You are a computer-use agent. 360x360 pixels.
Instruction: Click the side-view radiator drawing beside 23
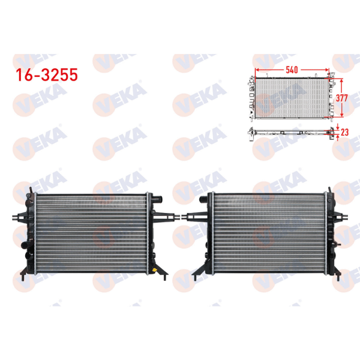(288, 133)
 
